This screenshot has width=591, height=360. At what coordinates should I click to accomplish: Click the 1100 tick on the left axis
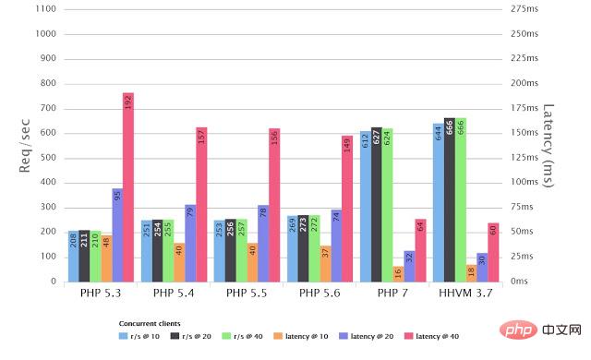coord(44,9)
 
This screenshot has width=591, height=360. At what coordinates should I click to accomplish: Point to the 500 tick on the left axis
coord(47,157)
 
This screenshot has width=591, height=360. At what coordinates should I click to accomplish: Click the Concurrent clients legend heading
coord(151,323)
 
